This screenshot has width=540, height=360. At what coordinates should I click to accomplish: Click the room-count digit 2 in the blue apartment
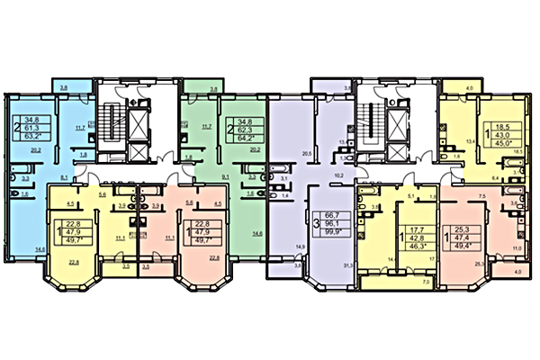pyautogui.click(x=19, y=129)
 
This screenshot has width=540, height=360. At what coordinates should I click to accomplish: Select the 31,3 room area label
pyautogui.click(x=346, y=264)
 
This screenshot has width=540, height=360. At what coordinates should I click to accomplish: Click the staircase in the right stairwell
pyautogui.click(x=369, y=115)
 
